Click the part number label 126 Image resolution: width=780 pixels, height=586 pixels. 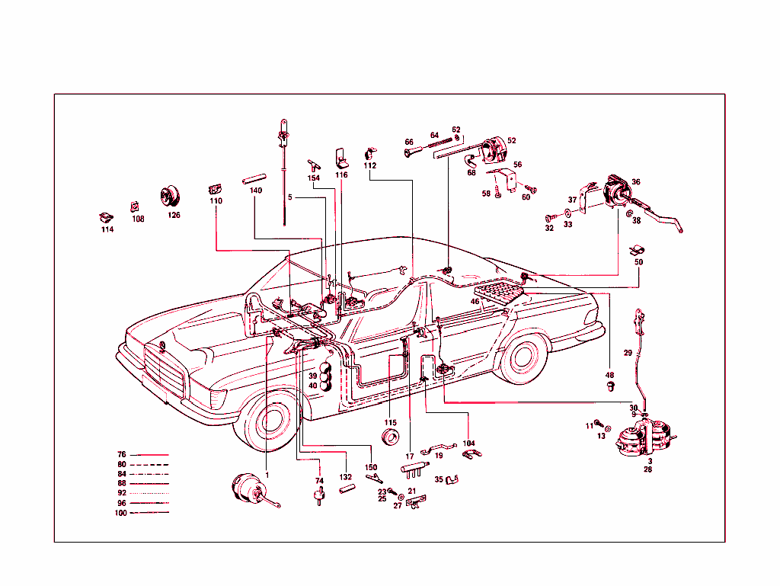174,215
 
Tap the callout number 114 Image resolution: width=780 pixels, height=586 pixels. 107,229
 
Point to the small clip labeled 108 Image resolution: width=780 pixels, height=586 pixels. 135,205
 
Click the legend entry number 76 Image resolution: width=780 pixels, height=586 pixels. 122,455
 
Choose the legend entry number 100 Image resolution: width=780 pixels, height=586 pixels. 121,512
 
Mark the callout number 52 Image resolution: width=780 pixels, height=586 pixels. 512,141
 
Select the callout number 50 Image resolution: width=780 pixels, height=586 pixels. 638,262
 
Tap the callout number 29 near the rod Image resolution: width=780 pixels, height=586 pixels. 628,352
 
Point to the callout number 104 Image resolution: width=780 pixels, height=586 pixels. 468,443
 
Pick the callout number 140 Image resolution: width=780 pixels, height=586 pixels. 255,191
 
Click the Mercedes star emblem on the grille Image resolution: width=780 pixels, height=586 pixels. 162,348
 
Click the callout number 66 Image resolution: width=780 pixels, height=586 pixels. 409,142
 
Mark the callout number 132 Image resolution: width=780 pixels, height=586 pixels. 345,476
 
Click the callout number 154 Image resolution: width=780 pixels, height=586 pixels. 314,178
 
